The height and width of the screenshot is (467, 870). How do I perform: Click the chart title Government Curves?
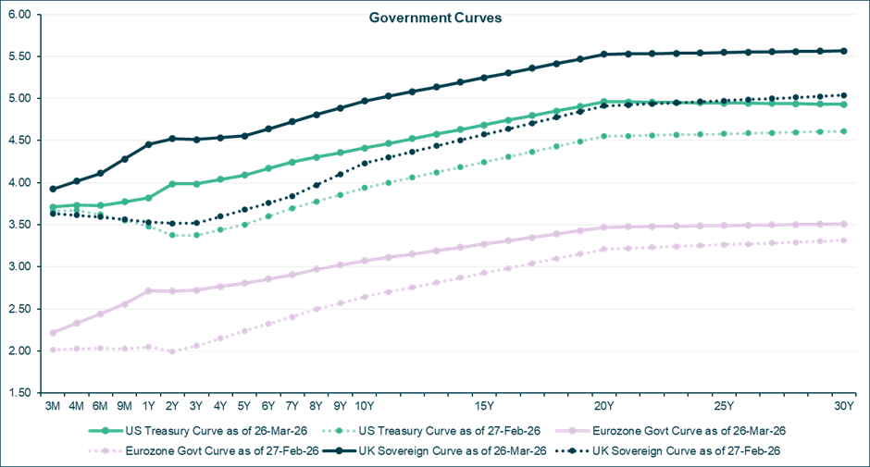tap(435, 18)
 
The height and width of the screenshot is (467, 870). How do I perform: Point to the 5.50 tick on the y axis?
tap(19, 56)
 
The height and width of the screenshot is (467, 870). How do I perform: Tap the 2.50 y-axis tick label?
tap(19, 309)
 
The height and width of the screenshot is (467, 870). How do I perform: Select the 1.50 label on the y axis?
tap(19, 393)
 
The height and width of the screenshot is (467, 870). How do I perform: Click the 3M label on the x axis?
tap(54, 406)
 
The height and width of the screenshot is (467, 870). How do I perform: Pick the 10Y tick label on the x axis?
tap(365, 406)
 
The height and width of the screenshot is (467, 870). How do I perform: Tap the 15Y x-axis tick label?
tap(484, 406)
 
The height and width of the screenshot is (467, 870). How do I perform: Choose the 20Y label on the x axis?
tap(603, 406)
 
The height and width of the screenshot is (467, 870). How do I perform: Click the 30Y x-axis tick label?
tap(843, 406)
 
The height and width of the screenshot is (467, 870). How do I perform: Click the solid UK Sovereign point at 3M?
tap(54, 190)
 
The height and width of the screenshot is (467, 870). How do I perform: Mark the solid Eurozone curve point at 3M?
tap(54, 333)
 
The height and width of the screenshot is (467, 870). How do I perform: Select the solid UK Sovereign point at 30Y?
tap(843, 51)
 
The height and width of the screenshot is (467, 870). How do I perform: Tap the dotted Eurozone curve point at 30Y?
tap(843, 240)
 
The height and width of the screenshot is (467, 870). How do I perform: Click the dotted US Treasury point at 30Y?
tap(843, 131)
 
